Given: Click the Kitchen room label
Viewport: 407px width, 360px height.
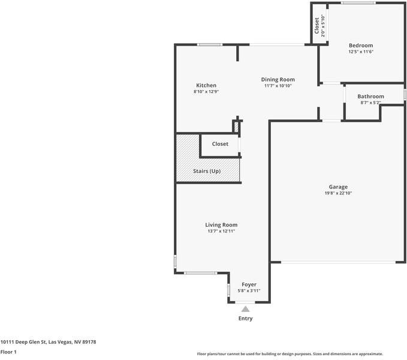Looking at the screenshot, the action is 206,85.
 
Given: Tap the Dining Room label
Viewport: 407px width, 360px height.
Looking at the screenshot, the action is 278,79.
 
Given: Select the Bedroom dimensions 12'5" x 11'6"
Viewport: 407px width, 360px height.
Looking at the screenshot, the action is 361,52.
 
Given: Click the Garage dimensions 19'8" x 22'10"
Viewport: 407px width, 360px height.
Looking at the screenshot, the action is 338,193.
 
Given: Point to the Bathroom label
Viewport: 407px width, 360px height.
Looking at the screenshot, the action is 370,97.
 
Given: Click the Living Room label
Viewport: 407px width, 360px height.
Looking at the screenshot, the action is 221,225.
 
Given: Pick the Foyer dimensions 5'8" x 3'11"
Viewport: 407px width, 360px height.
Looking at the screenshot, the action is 249,290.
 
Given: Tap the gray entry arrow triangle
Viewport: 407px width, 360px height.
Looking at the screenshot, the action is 245,309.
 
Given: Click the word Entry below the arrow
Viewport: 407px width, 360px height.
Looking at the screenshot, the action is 245,319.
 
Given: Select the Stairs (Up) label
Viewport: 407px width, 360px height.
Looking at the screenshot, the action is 207,171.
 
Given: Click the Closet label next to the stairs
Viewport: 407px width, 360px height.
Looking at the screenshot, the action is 220,144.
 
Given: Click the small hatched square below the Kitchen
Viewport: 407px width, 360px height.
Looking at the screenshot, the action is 236,127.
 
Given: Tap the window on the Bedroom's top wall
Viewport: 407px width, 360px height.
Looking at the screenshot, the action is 358,3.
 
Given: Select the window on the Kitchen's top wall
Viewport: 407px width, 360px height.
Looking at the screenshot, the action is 210,44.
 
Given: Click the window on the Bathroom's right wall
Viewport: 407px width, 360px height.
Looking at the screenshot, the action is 405,95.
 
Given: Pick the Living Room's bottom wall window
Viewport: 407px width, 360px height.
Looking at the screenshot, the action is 200,273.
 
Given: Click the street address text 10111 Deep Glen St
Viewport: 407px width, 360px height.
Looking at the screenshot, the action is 23,342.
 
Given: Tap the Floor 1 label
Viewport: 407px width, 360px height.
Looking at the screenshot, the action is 8,352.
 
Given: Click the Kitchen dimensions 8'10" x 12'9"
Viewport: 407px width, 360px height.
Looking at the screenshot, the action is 206,92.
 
